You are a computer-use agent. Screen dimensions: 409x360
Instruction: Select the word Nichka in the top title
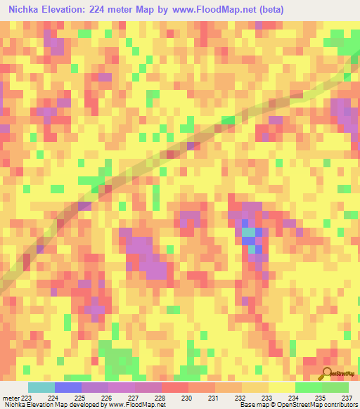coord(25,9)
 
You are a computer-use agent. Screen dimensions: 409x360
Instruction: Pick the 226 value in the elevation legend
coord(107,398)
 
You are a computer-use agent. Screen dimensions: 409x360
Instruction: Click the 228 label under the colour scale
coord(160,398)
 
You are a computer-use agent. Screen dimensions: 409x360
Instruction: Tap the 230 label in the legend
coord(187,398)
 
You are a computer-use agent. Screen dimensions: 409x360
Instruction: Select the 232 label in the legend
coord(240,398)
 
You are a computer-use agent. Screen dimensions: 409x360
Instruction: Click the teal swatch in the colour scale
coord(41,387)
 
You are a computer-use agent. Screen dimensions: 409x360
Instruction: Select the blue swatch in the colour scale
coord(67,387)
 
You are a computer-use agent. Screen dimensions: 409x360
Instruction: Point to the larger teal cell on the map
coord(248,233)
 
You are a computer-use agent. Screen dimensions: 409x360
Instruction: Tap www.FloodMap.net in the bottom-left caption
coord(136,405)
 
